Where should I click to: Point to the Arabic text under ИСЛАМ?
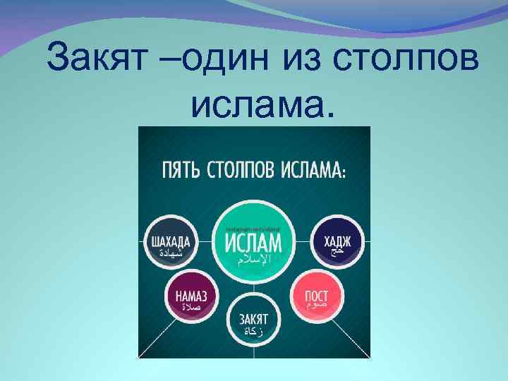pyautogui.click(x=253, y=261)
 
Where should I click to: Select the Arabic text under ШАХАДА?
pyautogui.click(x=170, y=253)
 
